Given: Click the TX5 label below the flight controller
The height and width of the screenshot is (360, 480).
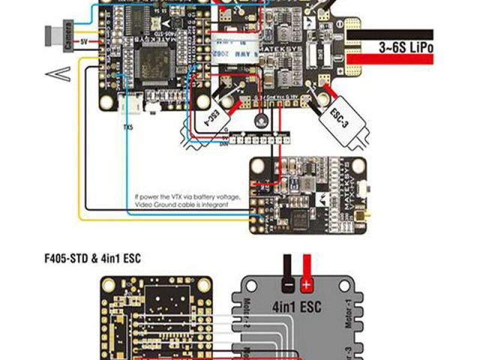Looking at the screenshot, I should click(128, 127).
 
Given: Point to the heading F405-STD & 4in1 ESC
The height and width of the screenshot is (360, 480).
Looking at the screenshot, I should click(93, 259).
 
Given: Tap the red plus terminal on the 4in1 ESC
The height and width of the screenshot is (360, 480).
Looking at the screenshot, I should click(306, 285).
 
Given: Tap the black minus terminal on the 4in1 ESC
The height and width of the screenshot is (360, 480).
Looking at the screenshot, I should click(287, 285).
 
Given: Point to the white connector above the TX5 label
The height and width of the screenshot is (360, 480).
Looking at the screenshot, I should click(129, 107).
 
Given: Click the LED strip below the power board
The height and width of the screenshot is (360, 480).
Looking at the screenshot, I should click(259, 139).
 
